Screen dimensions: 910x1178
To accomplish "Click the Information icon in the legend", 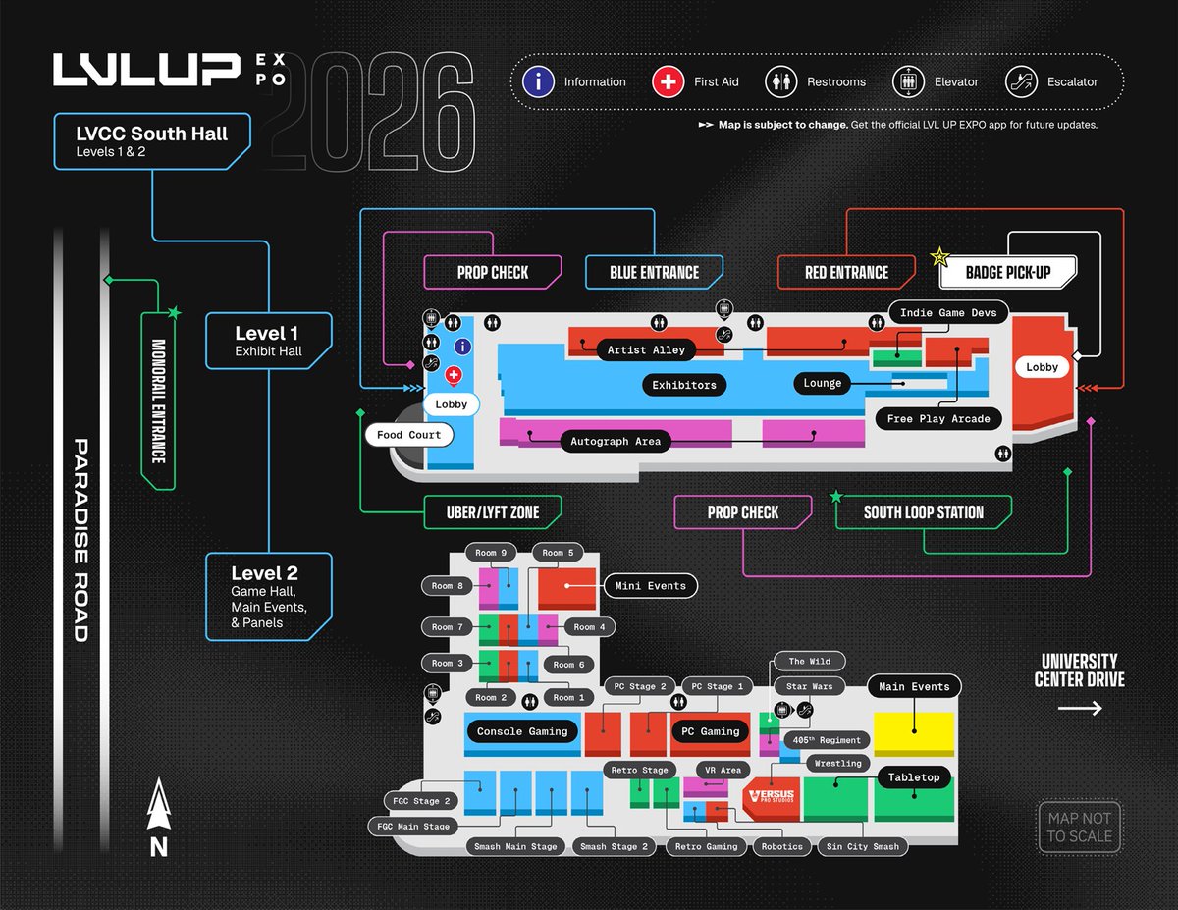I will pyautogui.click(x=538, y=81).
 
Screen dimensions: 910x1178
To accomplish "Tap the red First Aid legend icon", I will pyautogui.click(x=669, y=81).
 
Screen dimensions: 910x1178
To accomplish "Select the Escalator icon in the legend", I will pyautogui.click(x=1022, y=81).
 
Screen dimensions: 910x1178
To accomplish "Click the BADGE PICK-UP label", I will pyautogui.click(x=1008, y=272).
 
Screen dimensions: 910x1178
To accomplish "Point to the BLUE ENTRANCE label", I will pyautogui.click(x=654, y=272).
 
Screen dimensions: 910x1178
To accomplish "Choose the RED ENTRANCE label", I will pyautogui.click(x=846, y=272).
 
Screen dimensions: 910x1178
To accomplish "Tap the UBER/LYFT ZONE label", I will pyautogui.click(x=493, y=511).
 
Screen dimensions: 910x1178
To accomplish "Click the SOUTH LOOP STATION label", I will pyautogui.click(x=923, y=511).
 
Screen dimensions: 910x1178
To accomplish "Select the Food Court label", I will pyautogui.click(x=409, y=435).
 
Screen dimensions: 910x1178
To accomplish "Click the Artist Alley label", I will pyautogui.click(x=646, y=350).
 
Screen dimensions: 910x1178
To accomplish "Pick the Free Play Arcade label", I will pyautogui.click(x=938, y=418).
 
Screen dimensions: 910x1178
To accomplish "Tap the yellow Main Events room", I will pyautogui.click(x=914, y=734).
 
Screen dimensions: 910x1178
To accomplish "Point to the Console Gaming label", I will pyautogui.click(x=522, y=731).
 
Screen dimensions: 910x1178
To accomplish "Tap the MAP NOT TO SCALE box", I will pyautogui.click(x=1079, y=827).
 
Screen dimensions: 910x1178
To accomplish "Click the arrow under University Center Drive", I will pyautogui.click(x=1079, y=708).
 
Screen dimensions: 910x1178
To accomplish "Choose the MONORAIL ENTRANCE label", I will pyautogui.click(x=158, y=401).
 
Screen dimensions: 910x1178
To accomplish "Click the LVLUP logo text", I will pyautogui.click(x=147, y=70).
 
